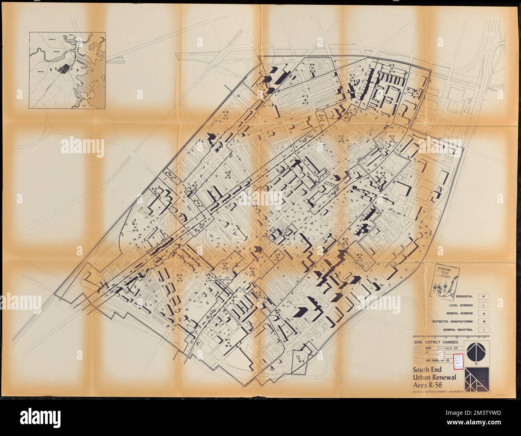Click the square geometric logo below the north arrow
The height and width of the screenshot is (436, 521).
(475, 379)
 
